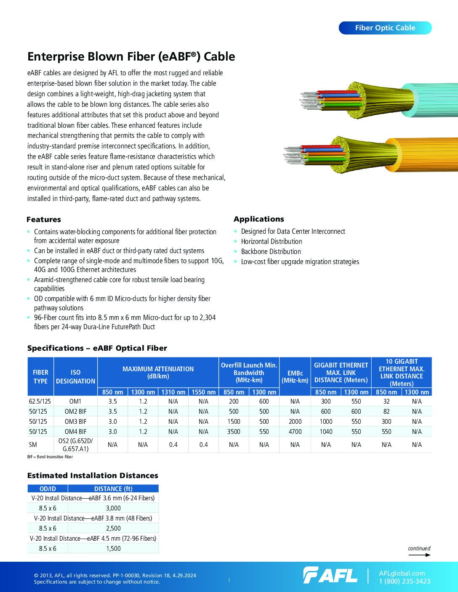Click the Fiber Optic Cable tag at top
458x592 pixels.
(385, 28)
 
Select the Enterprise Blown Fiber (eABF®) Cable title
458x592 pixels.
(131, 57)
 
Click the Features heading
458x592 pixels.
(43, 219)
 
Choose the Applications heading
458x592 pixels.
(258, 219)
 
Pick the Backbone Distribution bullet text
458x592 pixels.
(271, 251)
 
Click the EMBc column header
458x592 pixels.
(295, 376)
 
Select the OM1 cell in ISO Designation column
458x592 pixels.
(75, 402)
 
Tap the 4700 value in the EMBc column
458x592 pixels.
(295, 431)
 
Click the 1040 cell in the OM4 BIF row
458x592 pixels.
(325, 431)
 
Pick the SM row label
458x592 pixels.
(33, 444)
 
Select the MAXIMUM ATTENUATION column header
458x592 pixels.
(158, 372)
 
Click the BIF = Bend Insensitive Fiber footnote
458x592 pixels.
(50, 457)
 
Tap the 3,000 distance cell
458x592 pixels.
(113, 508)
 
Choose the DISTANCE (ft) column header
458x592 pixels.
(113, 489)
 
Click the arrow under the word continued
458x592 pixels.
(419, 555)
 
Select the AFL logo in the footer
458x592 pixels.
(330, 575)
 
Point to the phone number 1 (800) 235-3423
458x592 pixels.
(405, 581)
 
